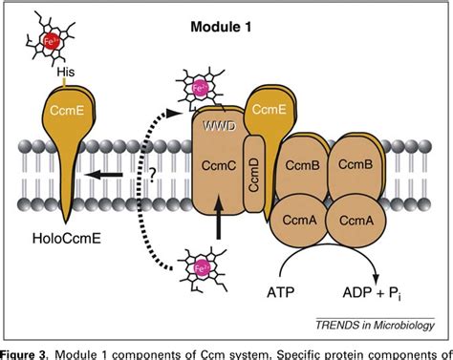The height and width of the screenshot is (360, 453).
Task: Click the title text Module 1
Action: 220,28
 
